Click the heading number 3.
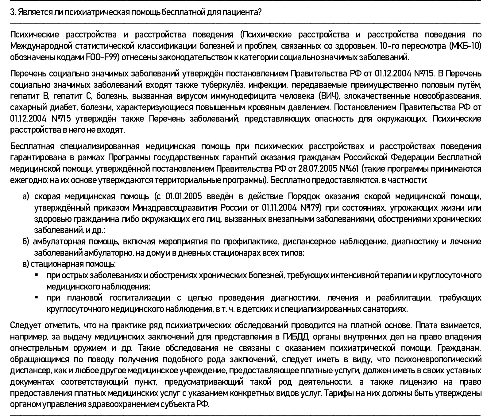pos(12,13)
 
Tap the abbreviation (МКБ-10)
pos(465,46)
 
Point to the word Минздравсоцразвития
pos(174,208)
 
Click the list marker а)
pos(25,196)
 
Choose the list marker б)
pos(25,242)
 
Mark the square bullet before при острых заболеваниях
pos(37,275)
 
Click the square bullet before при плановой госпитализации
pos(37,297)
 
